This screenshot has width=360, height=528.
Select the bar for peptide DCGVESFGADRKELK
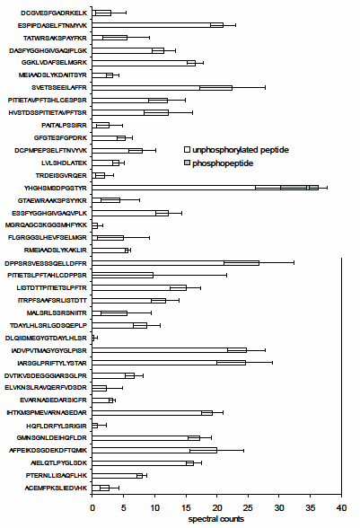click(101, 13)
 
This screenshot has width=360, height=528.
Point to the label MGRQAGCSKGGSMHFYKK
click(46, 224)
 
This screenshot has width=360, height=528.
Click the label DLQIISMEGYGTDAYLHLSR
click(44, 337)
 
